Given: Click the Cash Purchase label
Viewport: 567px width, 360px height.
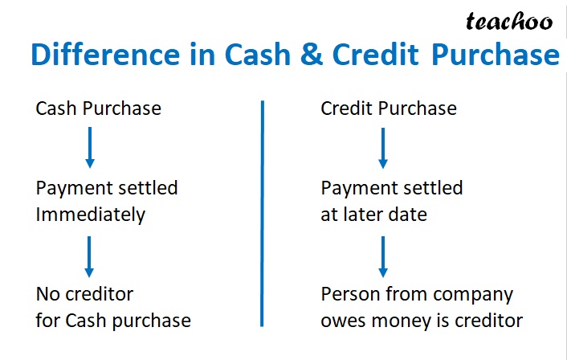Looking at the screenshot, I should (x=98, y=108).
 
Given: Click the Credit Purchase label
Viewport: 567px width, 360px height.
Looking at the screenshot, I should (x=389, y=108).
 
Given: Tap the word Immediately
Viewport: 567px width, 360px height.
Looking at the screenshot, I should (x=90, y=215).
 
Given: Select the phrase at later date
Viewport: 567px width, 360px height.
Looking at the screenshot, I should (x=373, y=215).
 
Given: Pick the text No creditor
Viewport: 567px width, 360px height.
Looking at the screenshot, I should (x=84, y=294).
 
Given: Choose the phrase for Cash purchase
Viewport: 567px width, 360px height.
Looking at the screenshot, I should (x=113, y=321).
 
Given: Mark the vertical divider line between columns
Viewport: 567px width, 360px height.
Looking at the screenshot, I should (x=263, y=213).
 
